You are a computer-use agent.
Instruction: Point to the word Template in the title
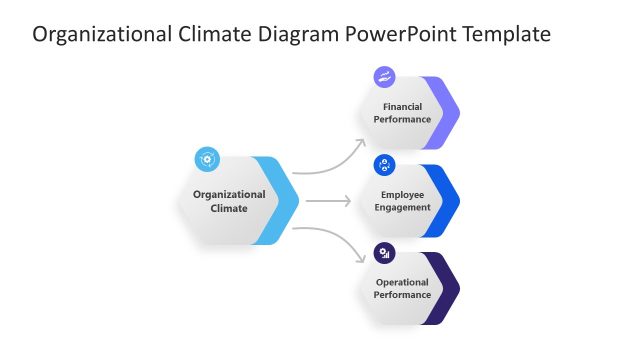[508, 35]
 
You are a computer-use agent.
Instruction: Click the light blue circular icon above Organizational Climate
[207, 158]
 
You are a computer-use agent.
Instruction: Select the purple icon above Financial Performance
[385, 77]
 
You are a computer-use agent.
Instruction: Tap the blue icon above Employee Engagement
[385, 165]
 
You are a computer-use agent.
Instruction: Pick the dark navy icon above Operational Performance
[385, 253]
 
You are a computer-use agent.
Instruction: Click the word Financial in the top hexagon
[402, 106]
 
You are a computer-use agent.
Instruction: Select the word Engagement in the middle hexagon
[402, 207]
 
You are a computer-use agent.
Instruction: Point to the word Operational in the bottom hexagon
[402, 282]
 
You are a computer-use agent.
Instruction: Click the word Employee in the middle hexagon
[402, 194]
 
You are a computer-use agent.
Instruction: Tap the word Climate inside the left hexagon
[229, 208]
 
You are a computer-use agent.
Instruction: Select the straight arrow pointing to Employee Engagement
[328, 201]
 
